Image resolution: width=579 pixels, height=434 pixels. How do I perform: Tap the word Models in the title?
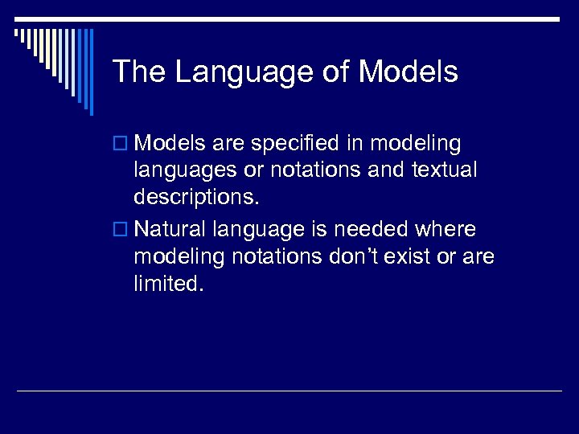(x=408, y=72)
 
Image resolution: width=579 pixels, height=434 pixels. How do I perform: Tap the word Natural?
(x=172, y=230)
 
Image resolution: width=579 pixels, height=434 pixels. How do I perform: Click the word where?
(x=445, y=230)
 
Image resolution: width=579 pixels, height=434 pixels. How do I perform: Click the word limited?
(x=170, y=283)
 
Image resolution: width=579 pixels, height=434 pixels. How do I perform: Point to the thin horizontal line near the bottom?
(x=289, y=391)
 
